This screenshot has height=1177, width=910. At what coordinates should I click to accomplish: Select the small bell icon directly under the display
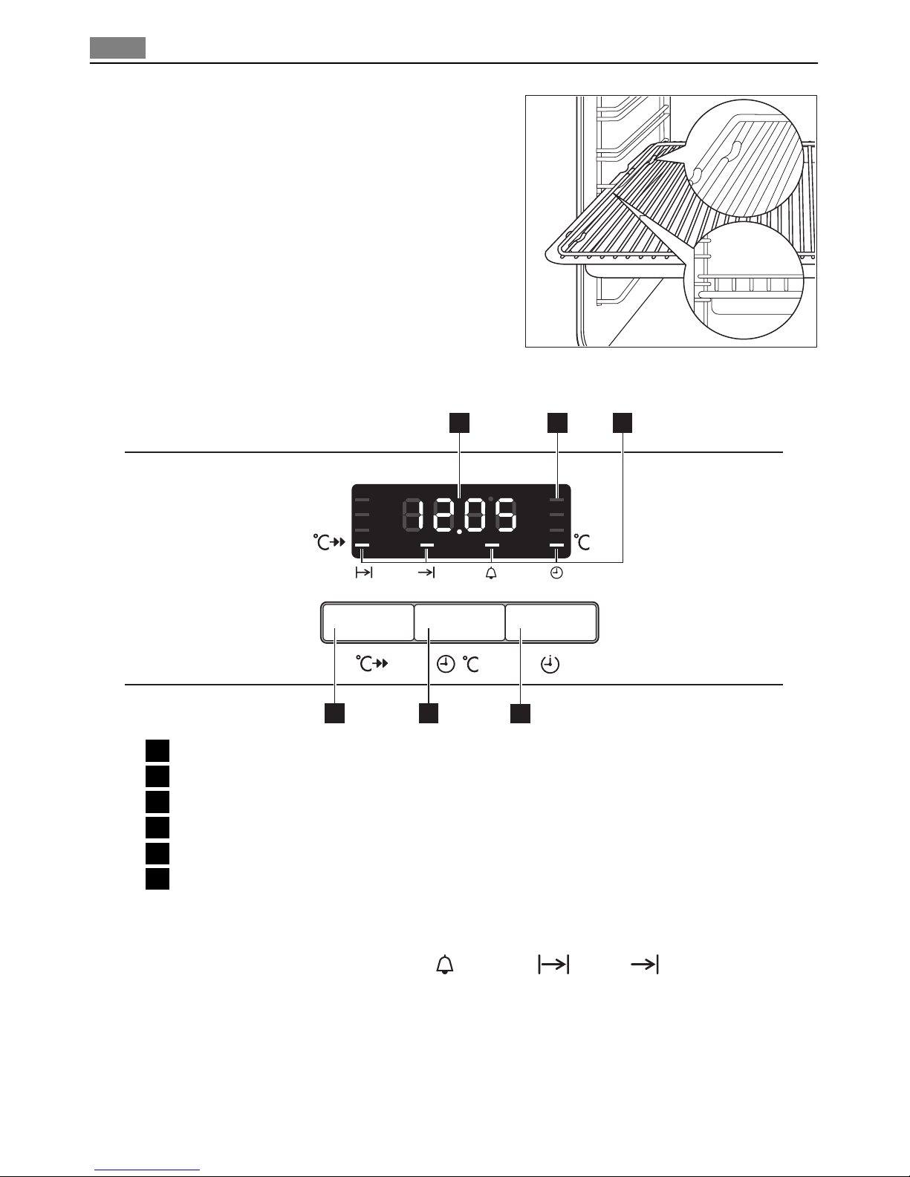point(491,573)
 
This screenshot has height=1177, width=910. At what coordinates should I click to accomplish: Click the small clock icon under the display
point(556,573)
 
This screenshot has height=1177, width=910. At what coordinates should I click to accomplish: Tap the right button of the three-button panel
point(551,623)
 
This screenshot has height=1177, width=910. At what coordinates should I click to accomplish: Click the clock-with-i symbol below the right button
point(550,664)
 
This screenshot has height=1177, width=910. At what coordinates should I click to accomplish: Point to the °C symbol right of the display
point(582,542)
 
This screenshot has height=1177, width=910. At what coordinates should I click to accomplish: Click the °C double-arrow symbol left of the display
point(329,542)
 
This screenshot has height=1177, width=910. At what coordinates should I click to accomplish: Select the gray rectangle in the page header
point(117,48)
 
